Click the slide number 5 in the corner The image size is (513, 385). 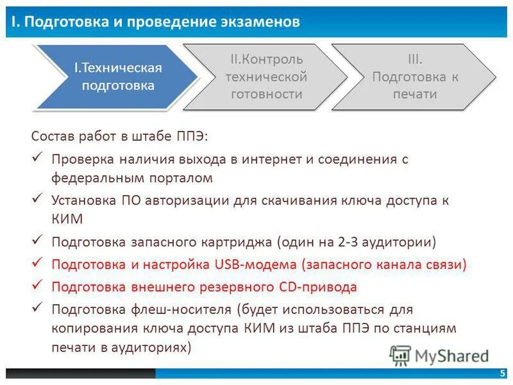[x=501, y=374]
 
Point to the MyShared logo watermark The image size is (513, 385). [x=440, y=355]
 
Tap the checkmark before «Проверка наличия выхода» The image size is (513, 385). [x=37, y=157]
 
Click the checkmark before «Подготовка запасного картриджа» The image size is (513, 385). [x=37, y=241]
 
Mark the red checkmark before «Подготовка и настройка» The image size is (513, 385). [x=37, y=262]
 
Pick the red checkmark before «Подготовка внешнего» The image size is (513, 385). [x=37, y=285]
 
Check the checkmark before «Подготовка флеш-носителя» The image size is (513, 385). [x=37, y=308]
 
